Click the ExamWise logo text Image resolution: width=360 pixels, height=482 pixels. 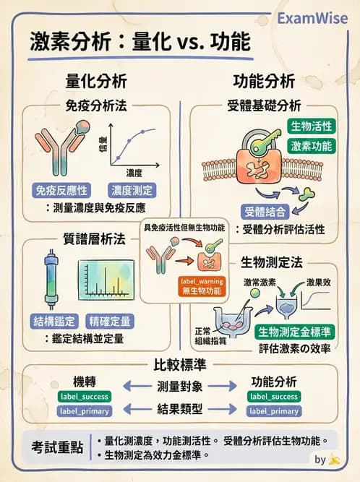click(x=314, y=19)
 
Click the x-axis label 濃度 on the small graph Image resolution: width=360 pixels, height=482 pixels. click(x=134, y=173)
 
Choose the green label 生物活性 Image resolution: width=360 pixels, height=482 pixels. click(x=312, y=126)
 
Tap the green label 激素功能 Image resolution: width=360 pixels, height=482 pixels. click(x=312, y=146)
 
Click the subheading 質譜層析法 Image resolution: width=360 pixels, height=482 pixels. click(x=94, y=238)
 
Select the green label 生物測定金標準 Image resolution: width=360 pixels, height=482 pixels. click(x=294, y=332)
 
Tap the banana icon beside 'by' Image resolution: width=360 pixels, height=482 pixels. click(x=334, y=459)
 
